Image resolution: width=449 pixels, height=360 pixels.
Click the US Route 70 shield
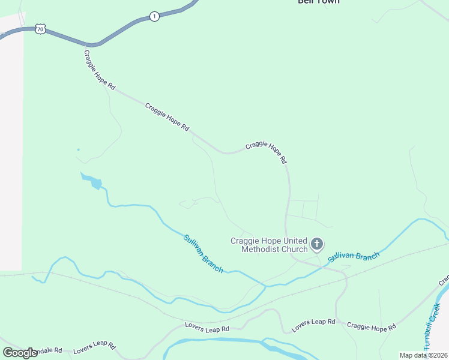[x=40, y=29]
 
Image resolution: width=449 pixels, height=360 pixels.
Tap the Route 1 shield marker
[x=154, y=16]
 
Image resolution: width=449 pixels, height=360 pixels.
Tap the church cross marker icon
[x=317, y=244]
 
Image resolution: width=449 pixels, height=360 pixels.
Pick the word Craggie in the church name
[x=246, y=241]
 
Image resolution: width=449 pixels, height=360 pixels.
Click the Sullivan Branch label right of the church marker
[x=354, y=257]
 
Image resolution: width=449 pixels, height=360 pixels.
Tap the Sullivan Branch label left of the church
[x=203, y=254]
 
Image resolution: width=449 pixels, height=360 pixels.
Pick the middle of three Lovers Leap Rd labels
[x=207, y=329]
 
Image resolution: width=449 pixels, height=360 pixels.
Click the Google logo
[x=20, y=353]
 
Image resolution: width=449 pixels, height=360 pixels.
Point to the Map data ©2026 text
[x=423, y=355]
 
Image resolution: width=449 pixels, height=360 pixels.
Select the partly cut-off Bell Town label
[x=319, y=2]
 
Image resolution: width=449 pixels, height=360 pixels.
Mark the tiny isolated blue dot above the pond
[x=78, y=149]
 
